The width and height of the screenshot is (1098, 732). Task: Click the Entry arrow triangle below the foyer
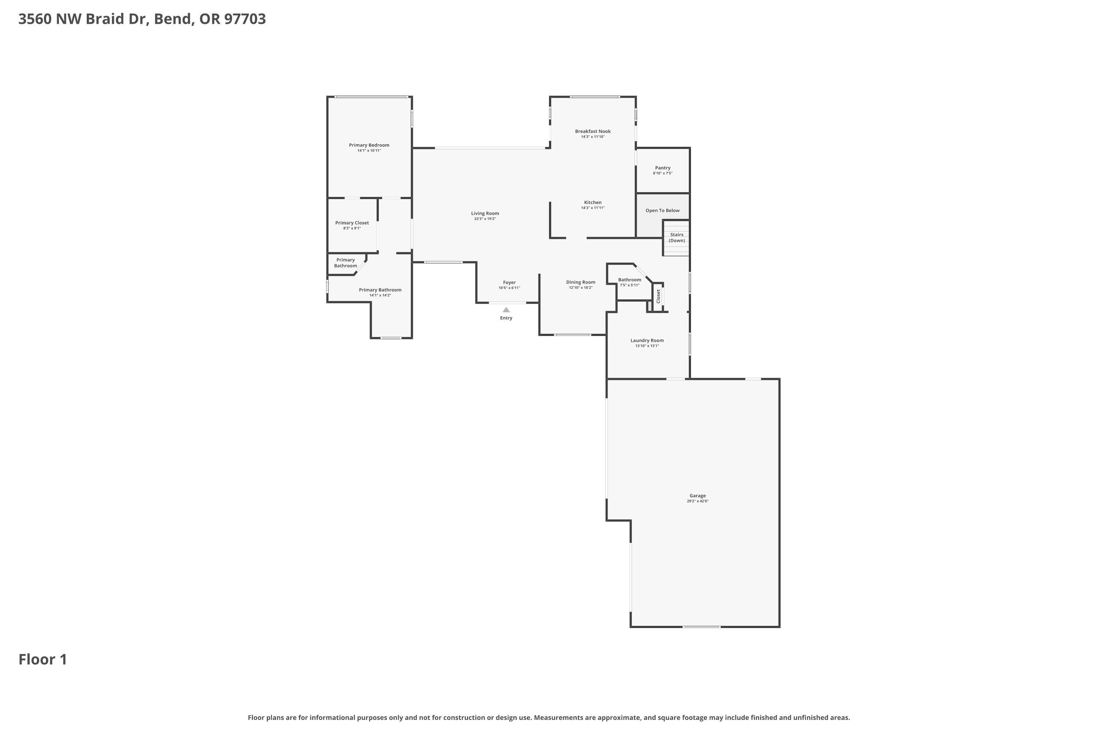(x=506, y=310)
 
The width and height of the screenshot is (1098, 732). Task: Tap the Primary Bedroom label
(x=369, y=145)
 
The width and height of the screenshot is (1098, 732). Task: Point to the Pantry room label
(x=662, y=168)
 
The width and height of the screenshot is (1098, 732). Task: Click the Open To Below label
(x=662, y=210)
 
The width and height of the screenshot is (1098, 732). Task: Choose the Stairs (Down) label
(x=676, y=238)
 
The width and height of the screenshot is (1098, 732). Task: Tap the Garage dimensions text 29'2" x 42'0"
(x=698, y=501)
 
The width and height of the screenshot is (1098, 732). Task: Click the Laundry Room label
(x=647, y=340)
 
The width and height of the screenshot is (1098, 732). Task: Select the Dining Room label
(x=581, y=282)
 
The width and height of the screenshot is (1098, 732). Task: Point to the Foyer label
(x=509, y=283)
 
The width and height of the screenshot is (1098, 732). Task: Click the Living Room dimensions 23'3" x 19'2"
(x=485, y=219)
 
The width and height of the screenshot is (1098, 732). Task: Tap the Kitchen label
(x=593, y=203)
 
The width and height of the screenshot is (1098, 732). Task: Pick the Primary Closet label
(x=352, y=223)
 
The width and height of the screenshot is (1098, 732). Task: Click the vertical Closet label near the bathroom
(x=658, y=296)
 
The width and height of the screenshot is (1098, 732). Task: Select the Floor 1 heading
(x=43, y=660)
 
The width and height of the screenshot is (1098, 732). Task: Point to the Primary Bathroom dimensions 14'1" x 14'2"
(x=380, y=295)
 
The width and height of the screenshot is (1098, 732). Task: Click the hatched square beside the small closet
(x=649, y=307)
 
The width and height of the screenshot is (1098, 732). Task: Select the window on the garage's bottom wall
(x=702, y=627)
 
